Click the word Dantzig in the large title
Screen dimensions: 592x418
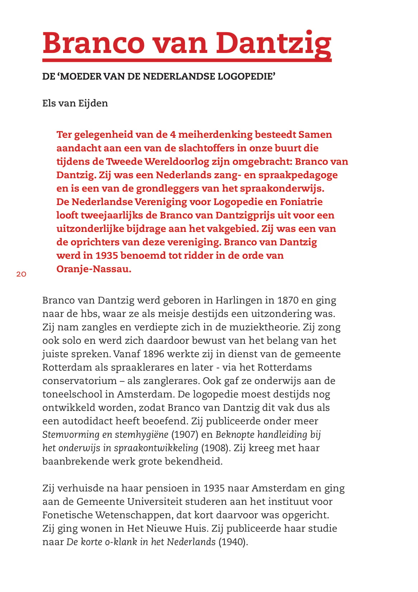pyautogui.click(x=273, y=43)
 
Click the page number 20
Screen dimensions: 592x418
pyautogui.click(x=21, y=274)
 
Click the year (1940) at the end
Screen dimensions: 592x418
pyautogui.click(x=233, y=542)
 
